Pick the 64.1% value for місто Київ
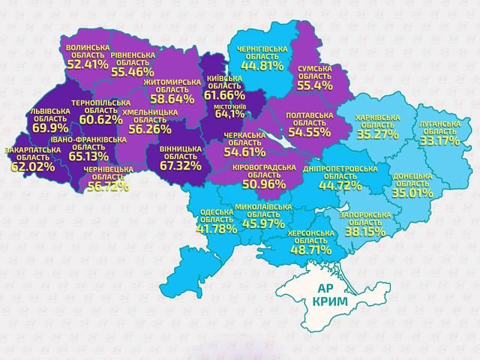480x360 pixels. pyautogui.click(x=229, y=115)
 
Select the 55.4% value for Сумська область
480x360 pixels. pyautogui.click(x=314, y=86)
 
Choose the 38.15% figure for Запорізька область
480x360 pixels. pyautogui.click(x=364, y=232)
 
